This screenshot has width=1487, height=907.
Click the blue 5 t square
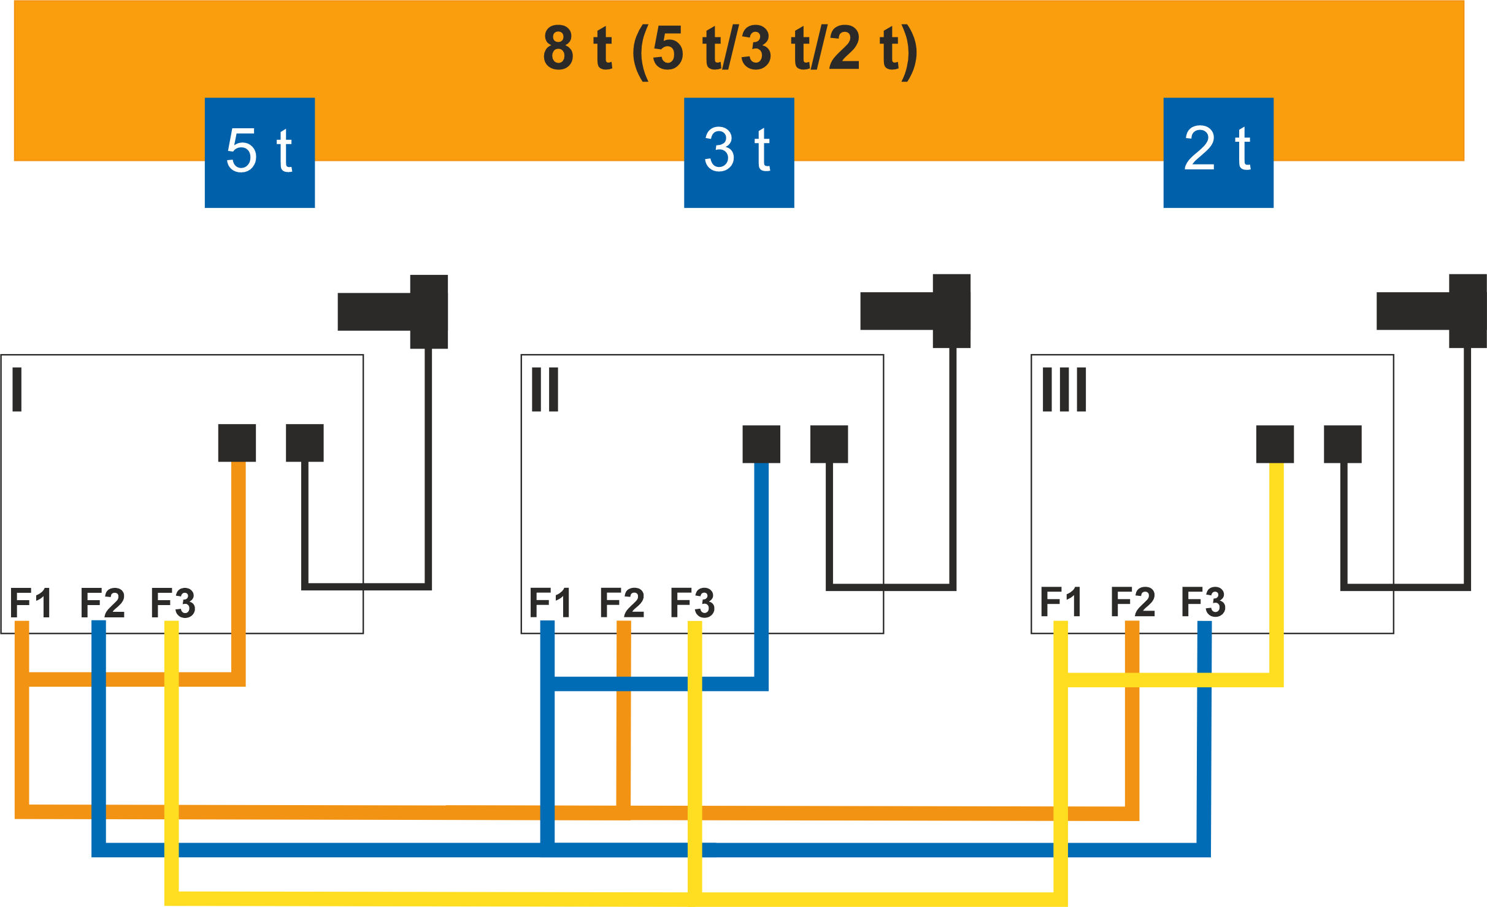[259, 153]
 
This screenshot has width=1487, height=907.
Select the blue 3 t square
[739, 153]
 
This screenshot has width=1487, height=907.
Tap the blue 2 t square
[1218, 153]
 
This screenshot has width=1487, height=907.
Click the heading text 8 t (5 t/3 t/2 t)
[730, 52]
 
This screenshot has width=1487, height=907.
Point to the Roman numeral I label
[17, 389]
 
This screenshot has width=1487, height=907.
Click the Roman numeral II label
[545, 389]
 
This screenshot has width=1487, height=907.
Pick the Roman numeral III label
[1064, 389]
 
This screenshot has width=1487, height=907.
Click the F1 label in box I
[31, 603]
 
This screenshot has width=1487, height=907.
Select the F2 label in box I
[102, 603]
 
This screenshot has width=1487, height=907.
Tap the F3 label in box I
[173, 603]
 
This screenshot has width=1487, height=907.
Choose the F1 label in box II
[550, 603]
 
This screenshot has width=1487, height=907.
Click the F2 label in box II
[622, 603]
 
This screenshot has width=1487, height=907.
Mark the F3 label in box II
[693, 603]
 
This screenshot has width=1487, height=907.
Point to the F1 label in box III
[1061, 602]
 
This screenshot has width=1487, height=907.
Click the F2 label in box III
[1133, 602]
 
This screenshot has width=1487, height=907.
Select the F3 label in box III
[1204, 602]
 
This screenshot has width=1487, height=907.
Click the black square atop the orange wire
[237, 442]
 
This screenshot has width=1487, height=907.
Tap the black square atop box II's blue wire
[761, 444]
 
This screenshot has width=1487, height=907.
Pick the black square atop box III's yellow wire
[1275, 444]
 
